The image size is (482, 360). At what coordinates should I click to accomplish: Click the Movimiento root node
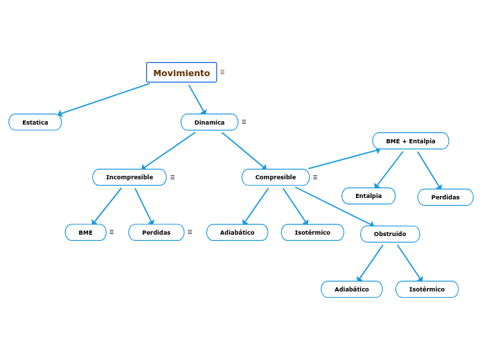[181, 73]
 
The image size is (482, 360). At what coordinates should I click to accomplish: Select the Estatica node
[35, 123]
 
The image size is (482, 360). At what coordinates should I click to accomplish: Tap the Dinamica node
[209, 123]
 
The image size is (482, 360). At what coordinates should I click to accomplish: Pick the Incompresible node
[130, 177]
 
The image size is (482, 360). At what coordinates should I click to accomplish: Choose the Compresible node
[276, 177]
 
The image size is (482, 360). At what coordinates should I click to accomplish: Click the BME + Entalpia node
[411, 141]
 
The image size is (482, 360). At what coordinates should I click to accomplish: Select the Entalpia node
[368, 196]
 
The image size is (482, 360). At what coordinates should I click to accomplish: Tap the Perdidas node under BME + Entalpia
[445, 197]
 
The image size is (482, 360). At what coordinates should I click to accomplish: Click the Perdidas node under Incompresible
[157, 233]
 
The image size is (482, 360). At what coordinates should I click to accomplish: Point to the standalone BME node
[86, 233]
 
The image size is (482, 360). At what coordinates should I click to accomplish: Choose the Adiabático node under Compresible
[237, 233]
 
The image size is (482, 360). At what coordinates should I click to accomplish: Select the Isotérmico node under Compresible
[312, 233]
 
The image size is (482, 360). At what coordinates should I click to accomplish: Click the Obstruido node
[390, 234]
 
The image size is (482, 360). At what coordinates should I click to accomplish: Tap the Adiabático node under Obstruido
[352, 289]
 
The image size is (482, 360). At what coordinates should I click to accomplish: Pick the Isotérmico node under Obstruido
[427, 289]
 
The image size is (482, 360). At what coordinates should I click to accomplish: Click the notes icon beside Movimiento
[222, 72]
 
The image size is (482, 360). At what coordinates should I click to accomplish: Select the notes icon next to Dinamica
[244, 122]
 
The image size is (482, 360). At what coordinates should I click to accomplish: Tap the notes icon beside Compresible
[315, 177]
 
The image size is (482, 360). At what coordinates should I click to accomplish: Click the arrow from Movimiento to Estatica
[104, 99]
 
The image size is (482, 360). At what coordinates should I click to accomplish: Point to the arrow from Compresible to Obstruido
[334, 206]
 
